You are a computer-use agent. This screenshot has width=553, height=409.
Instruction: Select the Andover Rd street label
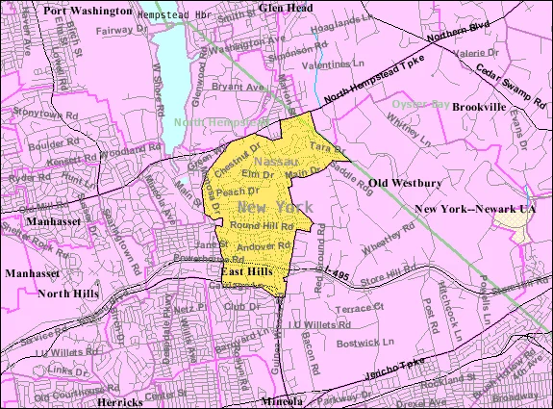point(257,248)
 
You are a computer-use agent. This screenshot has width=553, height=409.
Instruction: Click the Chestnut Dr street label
point(245,153)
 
